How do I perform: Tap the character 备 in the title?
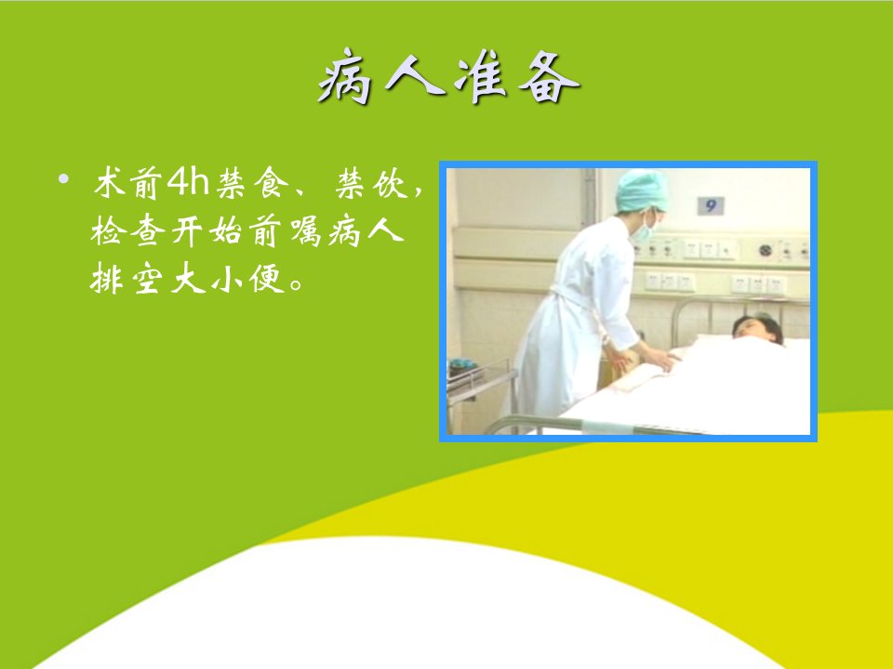tap(549, 77)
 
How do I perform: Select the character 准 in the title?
tap(480, 77)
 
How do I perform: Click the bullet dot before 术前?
tap(63, 179)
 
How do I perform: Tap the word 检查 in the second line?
tap(128, 231)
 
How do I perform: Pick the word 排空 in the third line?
tap(128, 279)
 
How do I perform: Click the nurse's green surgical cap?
tap(642, 190)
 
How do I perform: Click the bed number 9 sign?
tap(711, 205)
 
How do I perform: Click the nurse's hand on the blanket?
tap(660, 360)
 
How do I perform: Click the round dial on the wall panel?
tap(766, 250)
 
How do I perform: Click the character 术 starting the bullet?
tap(110, 183)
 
